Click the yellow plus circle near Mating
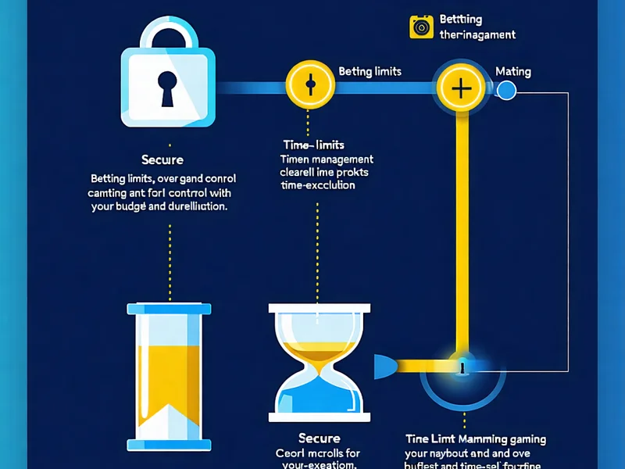point(462,88)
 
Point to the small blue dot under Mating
point(506,91)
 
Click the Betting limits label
point(370,71)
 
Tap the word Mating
point(513,71)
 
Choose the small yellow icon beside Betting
point(421,27)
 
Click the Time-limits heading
point(312,145)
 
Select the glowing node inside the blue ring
point(462,365)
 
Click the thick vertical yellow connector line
point(462,234)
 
